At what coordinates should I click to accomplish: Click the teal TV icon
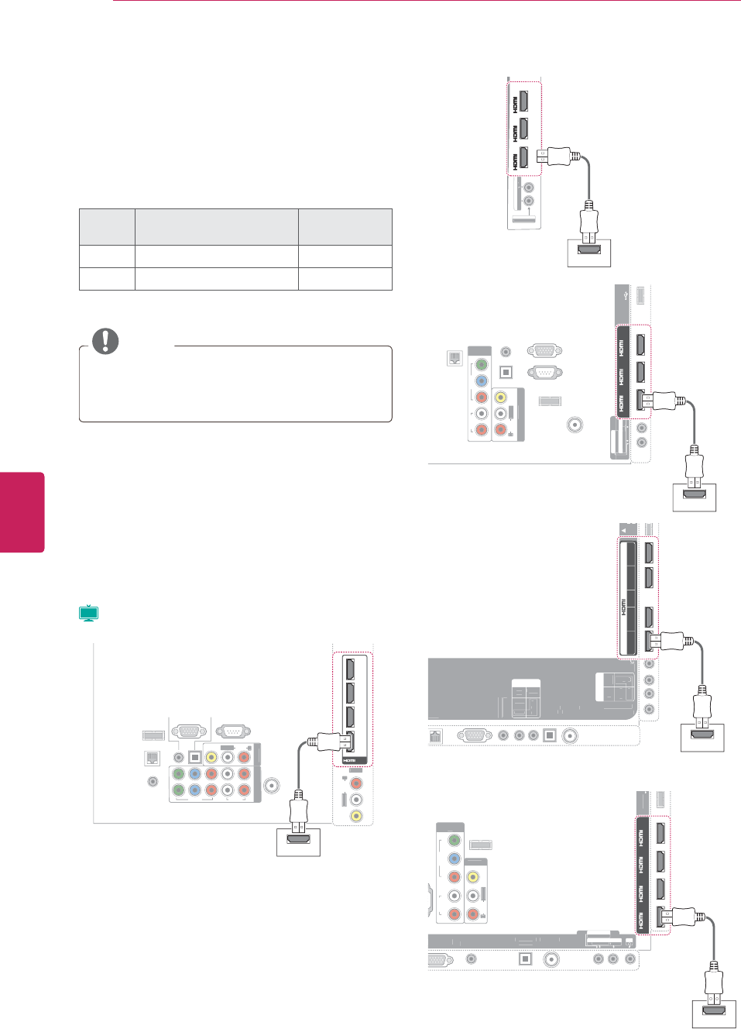[x=89, y=614]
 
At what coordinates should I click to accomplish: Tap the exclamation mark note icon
[x=105, y=341]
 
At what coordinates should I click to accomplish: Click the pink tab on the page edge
[x=22, y=511]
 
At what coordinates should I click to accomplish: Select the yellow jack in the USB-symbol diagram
[x=500, y=397]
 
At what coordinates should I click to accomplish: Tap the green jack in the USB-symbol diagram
[x=481, y=364]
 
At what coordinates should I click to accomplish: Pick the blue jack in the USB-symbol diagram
[x=481, y=380]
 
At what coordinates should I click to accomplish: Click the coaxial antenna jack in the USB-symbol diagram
[x=575, y=425]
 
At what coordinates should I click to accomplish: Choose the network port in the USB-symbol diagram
[x=455, y=358]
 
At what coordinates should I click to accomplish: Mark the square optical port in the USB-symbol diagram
[x=506, y=371]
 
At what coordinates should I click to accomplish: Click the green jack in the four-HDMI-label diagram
[x=455, y=840]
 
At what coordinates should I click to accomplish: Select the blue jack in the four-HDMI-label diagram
[x=455, y=859]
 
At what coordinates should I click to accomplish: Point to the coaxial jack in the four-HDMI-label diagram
[x=551, y=958]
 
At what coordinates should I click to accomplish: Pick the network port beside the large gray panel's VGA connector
[x=435, y=736]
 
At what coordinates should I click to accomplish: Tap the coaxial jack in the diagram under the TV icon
[x=272, y=785]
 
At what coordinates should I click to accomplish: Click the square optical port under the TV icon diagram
[x=194, y=756]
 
